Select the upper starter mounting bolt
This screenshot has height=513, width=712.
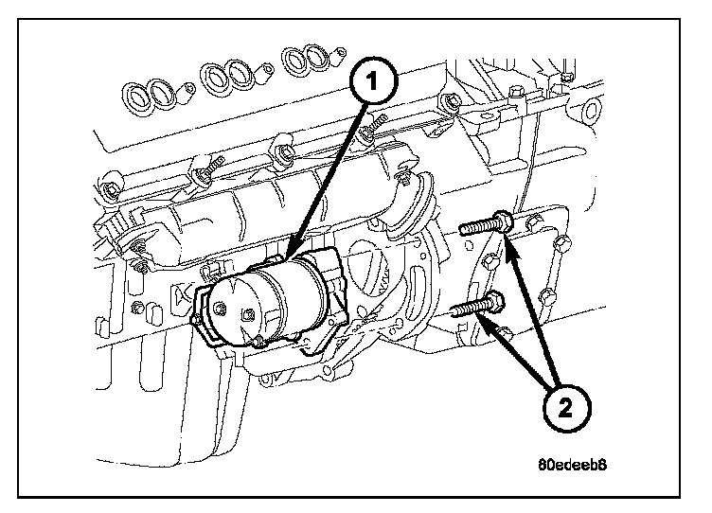click(x=485, y=227)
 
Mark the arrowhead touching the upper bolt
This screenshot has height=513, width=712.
click(x=508, y=243)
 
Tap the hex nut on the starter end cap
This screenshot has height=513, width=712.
click(x=220, y=307)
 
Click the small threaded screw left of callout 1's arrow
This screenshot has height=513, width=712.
click(x=209, y=171)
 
